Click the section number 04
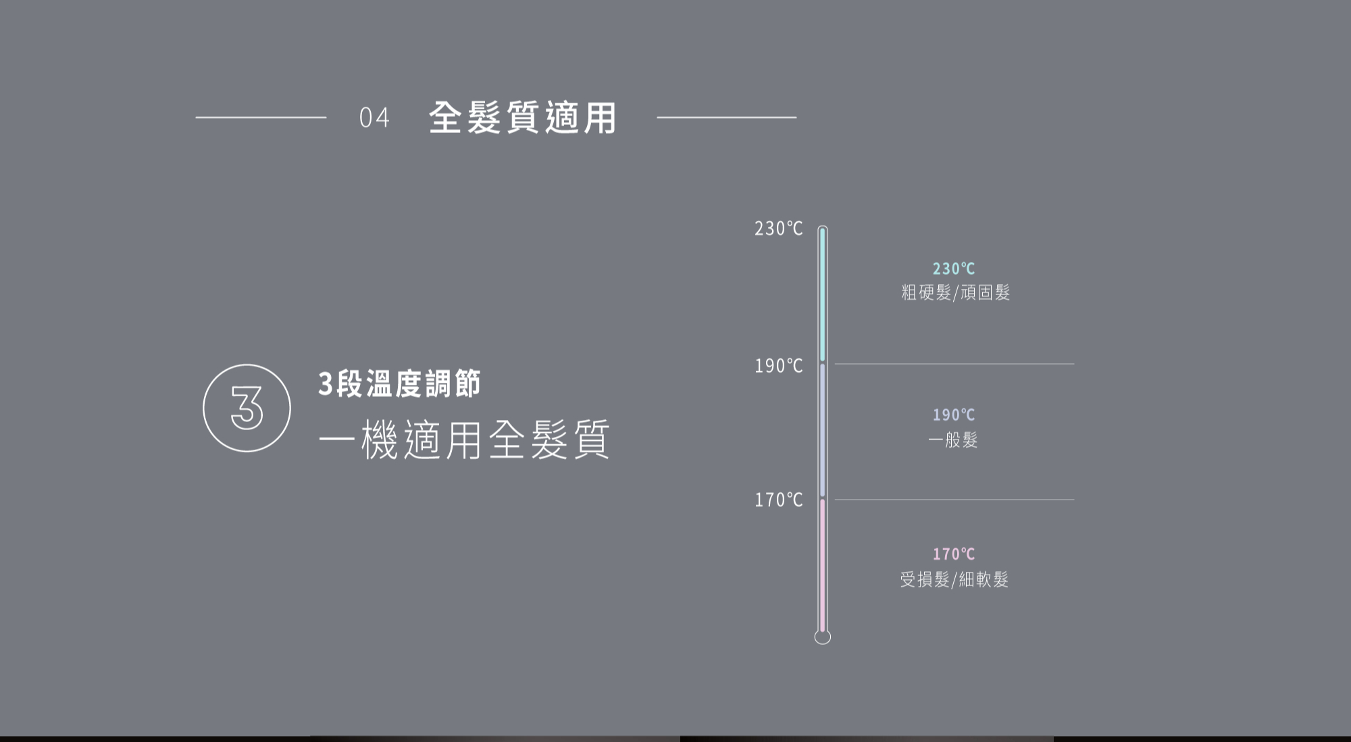(374, 117)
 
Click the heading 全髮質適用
(522, 117)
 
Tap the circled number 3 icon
(247, 408)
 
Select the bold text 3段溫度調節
(399, 383)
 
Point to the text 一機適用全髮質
(464, 440)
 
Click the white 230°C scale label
(778, 229)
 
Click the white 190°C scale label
(778, 366)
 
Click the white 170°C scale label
(778, 500)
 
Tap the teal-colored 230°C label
(953, 269)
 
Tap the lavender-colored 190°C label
(953, 415)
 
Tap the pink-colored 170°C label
(953, 554)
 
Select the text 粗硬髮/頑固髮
(955, 292)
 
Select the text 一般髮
(952, 440)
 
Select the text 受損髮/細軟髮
(954, 579)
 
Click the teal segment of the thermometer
(822, 294)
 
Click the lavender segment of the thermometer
(822, 431)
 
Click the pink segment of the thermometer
(822, 564)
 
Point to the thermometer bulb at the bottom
(822, 637)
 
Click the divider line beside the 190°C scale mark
(954, 364)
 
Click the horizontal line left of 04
(261, 117)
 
